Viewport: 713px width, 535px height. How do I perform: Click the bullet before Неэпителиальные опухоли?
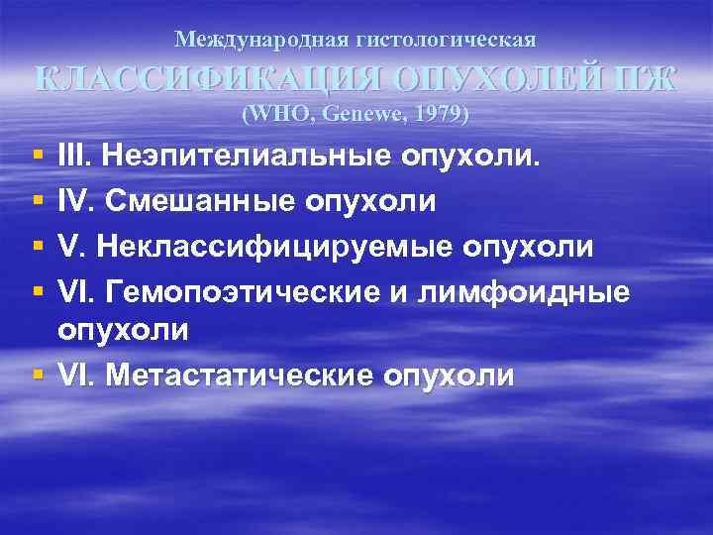pos(37,157)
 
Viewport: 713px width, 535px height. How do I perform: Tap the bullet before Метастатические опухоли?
pos(37,375)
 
